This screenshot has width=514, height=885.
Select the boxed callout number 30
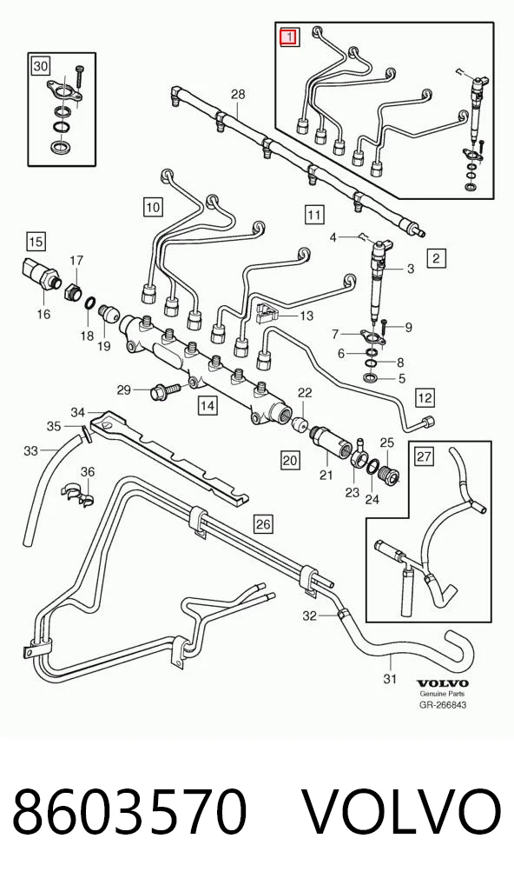coord(41,67)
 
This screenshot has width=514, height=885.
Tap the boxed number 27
coord(425,456)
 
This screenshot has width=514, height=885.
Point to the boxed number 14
coord(207,405)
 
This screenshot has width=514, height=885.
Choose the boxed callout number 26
coord(262,524)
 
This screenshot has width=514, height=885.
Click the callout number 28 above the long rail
coord(239,94)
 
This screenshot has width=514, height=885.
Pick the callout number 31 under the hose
coord(390,678)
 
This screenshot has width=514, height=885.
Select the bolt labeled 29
coord(164,390)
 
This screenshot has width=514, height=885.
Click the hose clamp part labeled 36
coord(78,492)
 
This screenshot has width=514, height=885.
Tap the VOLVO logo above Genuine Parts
coord(443,683)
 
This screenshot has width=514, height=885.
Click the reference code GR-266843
coord(443,704)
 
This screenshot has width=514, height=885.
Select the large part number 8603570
coord(129,813)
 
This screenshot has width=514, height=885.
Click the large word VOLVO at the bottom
coord(402,813)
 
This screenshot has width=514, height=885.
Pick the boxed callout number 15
coord(36,242)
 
